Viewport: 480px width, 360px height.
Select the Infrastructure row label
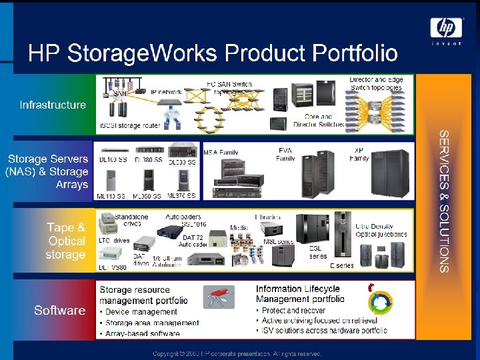pos(53,105)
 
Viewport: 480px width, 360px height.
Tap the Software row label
pos(59,310)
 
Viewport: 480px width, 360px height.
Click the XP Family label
pos(359,155)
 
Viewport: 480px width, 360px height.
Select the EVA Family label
pos(285,155)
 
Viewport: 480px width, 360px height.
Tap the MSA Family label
pos(221,153)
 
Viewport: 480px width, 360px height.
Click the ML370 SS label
pos(181,196)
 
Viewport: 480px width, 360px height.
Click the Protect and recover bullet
pos(297,311)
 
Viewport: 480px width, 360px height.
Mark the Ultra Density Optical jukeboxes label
pos(381,231)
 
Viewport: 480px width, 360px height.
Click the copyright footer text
pos(237,353)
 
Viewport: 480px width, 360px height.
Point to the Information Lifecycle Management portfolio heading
pos(299,295)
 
